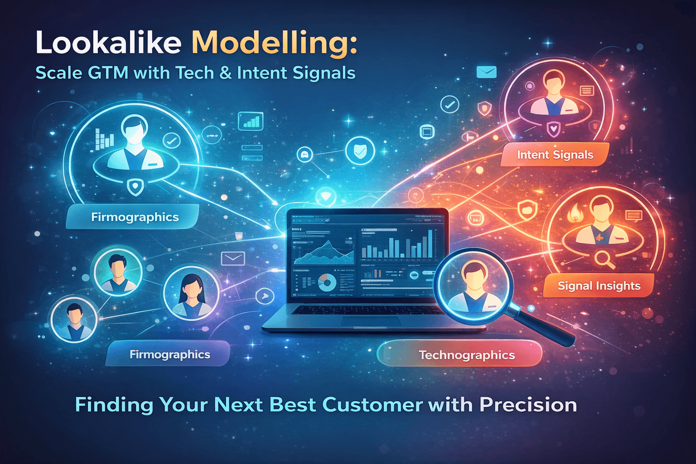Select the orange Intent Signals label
point(555,155)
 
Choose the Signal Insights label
point(599,286)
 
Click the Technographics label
point(466,355)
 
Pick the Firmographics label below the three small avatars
point(169,354)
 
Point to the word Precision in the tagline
point(528,405)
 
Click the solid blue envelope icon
point(487,72)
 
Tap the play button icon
point(265,297)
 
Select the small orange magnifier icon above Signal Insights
point(604,259)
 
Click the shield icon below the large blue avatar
point(135,186)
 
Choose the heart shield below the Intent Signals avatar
point(553,129)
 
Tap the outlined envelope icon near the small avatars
point(233,259)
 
